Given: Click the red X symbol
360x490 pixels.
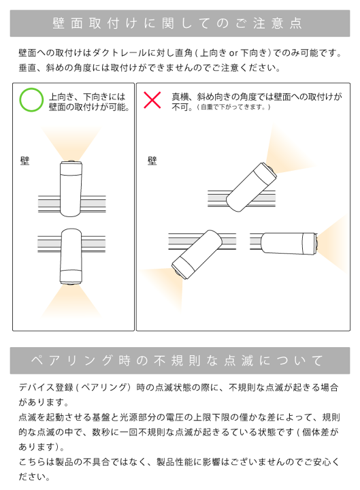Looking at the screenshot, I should [152, 101].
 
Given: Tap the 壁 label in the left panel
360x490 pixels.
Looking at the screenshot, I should [25, 161].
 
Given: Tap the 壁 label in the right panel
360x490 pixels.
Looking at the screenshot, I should [152, 161].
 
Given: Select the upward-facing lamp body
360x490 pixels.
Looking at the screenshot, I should [70, 184].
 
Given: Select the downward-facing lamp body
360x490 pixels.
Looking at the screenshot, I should [70, 257].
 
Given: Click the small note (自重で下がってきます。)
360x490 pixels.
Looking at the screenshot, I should [233, 108].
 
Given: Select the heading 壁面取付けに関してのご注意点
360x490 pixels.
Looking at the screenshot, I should [180, 23].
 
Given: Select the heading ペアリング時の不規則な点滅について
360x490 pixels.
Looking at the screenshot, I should [180, 360].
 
